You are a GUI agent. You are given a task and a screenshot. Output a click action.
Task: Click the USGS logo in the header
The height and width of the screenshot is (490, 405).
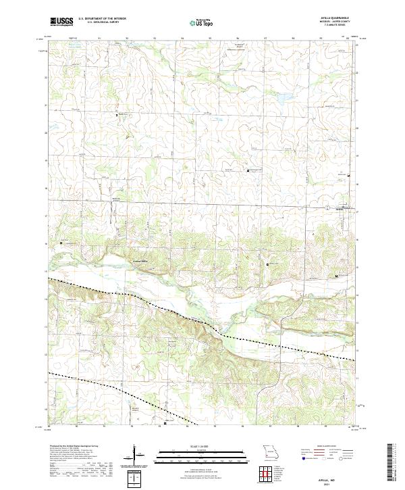pos(61,22)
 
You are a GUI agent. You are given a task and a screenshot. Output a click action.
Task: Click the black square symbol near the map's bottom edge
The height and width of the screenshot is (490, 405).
pos(165,424)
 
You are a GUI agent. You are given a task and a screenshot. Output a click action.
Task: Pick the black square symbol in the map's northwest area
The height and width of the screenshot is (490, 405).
pos(117,116)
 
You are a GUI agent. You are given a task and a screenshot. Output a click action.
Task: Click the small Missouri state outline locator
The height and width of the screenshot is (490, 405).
pos(270,452)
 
